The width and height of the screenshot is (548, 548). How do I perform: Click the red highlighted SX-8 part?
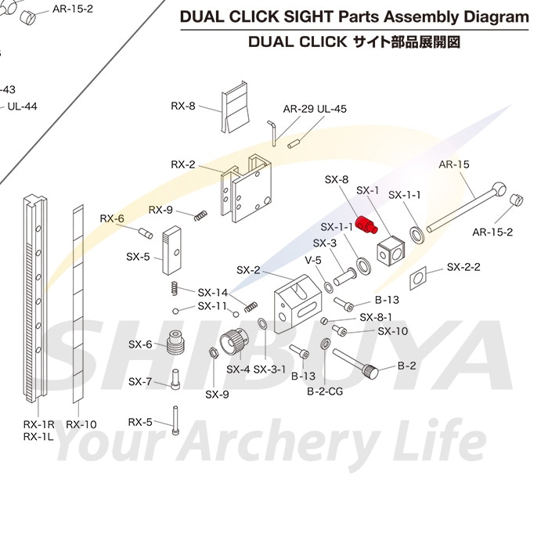(366, 225)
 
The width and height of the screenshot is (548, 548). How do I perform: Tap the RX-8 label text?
(182, 106)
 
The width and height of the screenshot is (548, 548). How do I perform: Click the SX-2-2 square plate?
(418, 278)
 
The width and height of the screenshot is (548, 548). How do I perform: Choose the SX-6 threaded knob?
(176, 343)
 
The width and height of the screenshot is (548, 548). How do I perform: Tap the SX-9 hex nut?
(214, 352)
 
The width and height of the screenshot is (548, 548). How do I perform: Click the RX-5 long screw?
(175, 420)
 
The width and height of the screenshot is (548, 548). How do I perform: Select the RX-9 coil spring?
(200, 215)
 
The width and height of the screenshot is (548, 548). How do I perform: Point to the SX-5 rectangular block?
(171, 251)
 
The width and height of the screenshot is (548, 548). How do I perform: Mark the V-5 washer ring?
(329, 287)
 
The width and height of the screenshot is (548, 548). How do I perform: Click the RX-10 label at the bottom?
(81, 424)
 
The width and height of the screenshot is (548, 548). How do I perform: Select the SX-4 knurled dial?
(233, 341)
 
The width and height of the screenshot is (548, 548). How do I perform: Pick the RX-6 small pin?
(146, 233)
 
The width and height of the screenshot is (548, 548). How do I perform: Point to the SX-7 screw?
(175, 380)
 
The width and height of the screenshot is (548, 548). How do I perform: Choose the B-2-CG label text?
(325, 391)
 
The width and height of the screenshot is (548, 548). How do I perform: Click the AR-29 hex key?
(272, 133)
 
